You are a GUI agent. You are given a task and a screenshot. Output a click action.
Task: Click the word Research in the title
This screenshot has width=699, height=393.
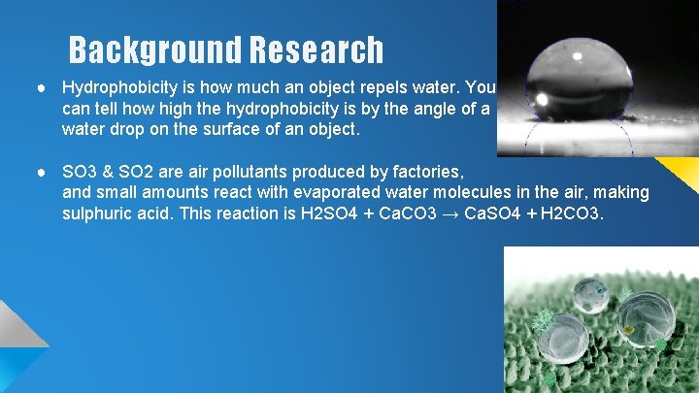point(316,49)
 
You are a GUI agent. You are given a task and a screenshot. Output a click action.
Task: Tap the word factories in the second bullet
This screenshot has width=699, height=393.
point(412,171)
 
